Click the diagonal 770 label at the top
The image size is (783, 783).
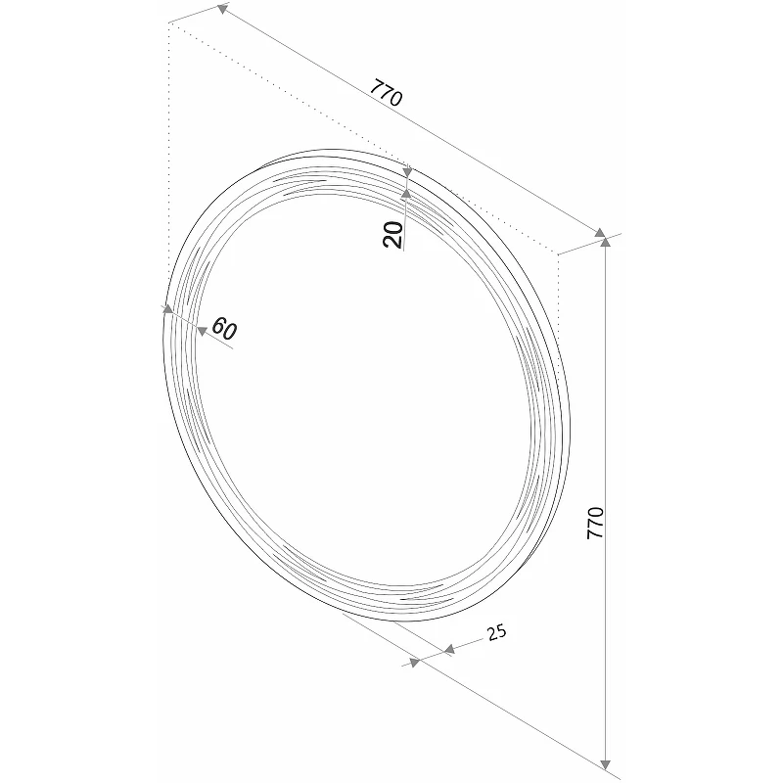(x=386, y=92)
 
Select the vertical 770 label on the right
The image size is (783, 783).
(x=595, y=523)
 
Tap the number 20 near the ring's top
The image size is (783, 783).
(x=393, y=235)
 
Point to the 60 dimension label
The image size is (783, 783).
(x=224, y=329)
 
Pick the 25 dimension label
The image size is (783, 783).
(x=496, y=632)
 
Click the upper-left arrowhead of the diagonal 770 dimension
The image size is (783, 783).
(x=222, y=9)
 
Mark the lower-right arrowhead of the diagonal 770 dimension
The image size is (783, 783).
(x=600, y=233)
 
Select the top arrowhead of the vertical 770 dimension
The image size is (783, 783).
(x=605, y=242)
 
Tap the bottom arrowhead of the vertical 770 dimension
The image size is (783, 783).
(x=605, y=764)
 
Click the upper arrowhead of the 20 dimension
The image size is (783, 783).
(x=407, y=172)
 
